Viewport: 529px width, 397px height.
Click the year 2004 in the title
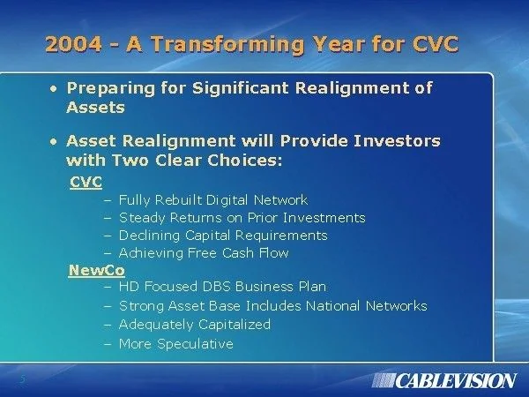[73, 44]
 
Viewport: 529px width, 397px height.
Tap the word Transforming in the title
[227, 45]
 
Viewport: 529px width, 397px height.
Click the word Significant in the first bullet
[240, 88]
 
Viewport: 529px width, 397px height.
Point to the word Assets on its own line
[95, 108]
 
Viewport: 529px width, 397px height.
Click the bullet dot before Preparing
[53, 89]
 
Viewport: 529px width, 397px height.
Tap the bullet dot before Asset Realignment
[53, 142]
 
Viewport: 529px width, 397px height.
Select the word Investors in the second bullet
[397, 141]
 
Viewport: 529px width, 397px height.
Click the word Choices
[244, 161]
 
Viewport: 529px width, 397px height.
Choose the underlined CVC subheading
[86, 183]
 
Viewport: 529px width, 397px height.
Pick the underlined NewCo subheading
[96, 271]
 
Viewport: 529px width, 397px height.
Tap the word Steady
[142, 218]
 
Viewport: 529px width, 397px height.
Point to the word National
[333, 306]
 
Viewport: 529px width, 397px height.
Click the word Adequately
[157, 325]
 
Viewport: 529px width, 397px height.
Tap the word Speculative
[196, 344]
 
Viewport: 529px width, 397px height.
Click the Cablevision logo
[444, 381]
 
